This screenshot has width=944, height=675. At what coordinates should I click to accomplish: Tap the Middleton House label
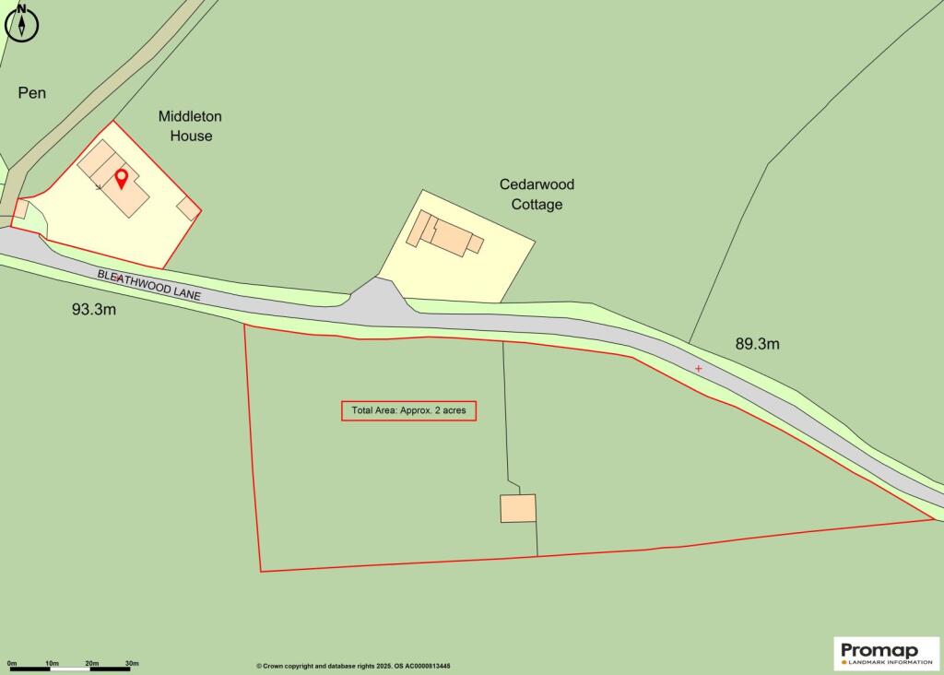pos(190,126)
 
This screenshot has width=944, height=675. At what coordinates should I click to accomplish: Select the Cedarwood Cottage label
pos(537,195)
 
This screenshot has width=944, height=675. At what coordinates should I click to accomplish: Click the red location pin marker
pos(121,177)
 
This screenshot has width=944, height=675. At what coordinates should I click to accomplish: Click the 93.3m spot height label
pos(94,310)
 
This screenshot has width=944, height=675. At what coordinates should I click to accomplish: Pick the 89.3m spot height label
pos(757,344)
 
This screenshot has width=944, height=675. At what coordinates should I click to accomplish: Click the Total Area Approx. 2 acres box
pos(408,411)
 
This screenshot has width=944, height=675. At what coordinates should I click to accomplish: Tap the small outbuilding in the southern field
pos(518,508)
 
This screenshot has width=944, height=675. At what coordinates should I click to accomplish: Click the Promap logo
pos(886,654)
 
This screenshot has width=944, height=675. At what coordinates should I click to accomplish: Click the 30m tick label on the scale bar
pos(132,663)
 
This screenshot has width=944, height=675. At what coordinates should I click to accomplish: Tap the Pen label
pos(32,93)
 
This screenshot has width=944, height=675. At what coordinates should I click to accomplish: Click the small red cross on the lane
pos(698,369)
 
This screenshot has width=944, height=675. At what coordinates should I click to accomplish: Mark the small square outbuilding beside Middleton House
pos(189,208)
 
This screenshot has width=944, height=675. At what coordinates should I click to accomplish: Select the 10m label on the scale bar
pos(52,663)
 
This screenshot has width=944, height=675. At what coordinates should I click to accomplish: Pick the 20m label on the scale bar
pos(92,663)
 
